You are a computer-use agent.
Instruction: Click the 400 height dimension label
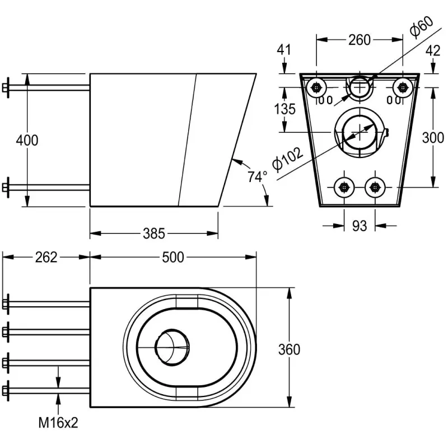point(27,141)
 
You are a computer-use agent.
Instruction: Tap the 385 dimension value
point(154,234)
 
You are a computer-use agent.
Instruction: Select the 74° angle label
point(257,176)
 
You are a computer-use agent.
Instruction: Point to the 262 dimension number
point(46,257)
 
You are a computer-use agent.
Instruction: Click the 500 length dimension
point(173,257)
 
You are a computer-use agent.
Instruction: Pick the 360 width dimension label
point(289,349)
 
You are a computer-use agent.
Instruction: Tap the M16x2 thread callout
point(58,423)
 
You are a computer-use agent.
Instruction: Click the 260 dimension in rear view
point(360,40)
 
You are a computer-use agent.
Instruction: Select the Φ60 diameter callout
point(422,27)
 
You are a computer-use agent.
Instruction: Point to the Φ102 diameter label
point(287,160)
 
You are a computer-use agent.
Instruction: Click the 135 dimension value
point(284,109)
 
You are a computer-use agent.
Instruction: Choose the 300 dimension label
point(433,138)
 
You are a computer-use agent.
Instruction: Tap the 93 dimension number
point(359,226)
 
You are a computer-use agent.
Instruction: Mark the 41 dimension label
point(284,50)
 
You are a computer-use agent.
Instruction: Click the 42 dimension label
point(433,51)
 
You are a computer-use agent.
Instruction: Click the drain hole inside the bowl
point(172,347)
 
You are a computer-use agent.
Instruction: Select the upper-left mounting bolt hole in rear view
point(316,87)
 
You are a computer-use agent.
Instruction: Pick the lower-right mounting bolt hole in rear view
point(375,188)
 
